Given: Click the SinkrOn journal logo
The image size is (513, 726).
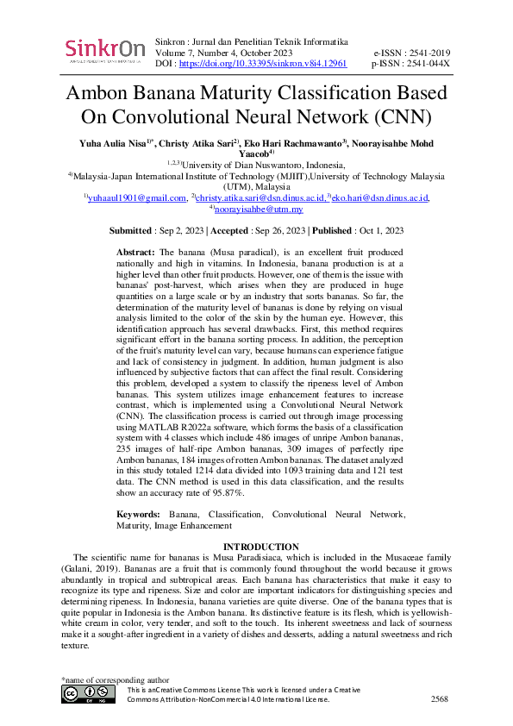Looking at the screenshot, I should point(104,51).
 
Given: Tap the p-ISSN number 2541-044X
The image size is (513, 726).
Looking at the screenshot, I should point(428,64).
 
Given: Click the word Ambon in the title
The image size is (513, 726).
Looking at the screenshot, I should point(107,95).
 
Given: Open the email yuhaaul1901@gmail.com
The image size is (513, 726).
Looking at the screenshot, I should point(136,198).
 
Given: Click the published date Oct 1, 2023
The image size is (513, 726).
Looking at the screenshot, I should point(380,231).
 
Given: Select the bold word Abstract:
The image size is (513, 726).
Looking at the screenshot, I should point(135,250).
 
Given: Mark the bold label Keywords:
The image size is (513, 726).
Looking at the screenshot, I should point(139,515).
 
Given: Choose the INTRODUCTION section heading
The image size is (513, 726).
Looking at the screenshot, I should point(260,547).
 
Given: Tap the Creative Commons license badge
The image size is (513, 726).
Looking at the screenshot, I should point(88,693).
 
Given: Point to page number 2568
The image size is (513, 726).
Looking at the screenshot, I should point(439,699).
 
